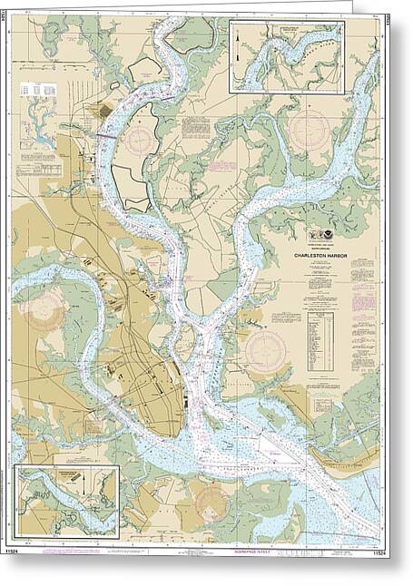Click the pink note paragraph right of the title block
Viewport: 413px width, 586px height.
365,272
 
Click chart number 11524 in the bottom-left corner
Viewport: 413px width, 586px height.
18,550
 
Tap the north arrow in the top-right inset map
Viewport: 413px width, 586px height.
238,52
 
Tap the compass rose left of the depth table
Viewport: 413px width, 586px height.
266,350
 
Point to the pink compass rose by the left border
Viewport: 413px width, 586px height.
43,309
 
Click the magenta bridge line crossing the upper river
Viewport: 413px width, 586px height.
106,133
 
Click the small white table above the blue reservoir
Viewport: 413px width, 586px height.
35,90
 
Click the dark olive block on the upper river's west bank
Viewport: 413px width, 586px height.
105,110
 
